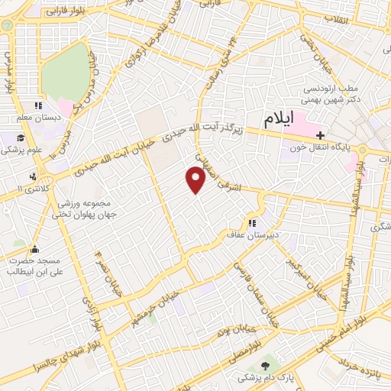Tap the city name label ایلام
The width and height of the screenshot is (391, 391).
pos(280,120)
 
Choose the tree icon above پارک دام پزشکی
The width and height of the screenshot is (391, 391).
pos(265,367)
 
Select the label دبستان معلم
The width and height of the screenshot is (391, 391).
pos(37,118)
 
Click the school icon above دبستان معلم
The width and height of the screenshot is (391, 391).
pos(37,106)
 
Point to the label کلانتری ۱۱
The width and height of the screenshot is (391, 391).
pos(31,188)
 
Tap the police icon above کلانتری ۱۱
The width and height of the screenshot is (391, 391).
pos(31,176)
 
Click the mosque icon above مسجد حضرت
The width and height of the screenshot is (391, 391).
pos(35,249)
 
